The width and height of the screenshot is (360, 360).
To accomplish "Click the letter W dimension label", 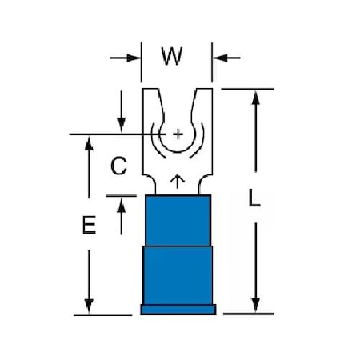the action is (172, 56).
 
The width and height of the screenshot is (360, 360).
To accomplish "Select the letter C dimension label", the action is (118, 166).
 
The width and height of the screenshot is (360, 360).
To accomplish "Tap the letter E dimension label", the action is (89, 225).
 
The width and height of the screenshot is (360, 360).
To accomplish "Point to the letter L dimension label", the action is (254, 198).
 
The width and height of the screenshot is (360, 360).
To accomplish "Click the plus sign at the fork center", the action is (178, 134).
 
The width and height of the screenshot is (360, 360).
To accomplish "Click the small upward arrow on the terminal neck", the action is (178, 182).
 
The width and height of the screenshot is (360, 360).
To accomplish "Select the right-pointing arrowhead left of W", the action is (134, 58).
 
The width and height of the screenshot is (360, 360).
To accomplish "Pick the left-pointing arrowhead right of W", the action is (220, 58).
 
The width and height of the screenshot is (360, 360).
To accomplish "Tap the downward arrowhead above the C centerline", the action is (122, 125).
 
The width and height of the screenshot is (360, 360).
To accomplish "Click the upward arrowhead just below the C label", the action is (122, 206).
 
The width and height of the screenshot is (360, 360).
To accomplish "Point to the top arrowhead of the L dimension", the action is (256, 98).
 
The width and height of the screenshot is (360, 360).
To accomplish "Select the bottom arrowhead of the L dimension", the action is (256, 305).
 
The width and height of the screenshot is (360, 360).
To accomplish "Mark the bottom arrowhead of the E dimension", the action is (89, 306).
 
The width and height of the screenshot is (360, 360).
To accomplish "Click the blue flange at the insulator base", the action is (178, 310).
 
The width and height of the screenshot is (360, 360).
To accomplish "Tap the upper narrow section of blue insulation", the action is (178, 220).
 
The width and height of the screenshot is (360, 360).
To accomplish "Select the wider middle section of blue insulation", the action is (178, 275).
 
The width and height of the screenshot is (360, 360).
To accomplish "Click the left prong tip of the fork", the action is (150, 89).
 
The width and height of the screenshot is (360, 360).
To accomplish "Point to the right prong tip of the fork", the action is (205, 89).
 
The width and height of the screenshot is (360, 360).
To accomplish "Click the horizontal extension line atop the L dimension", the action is (247, 89).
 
